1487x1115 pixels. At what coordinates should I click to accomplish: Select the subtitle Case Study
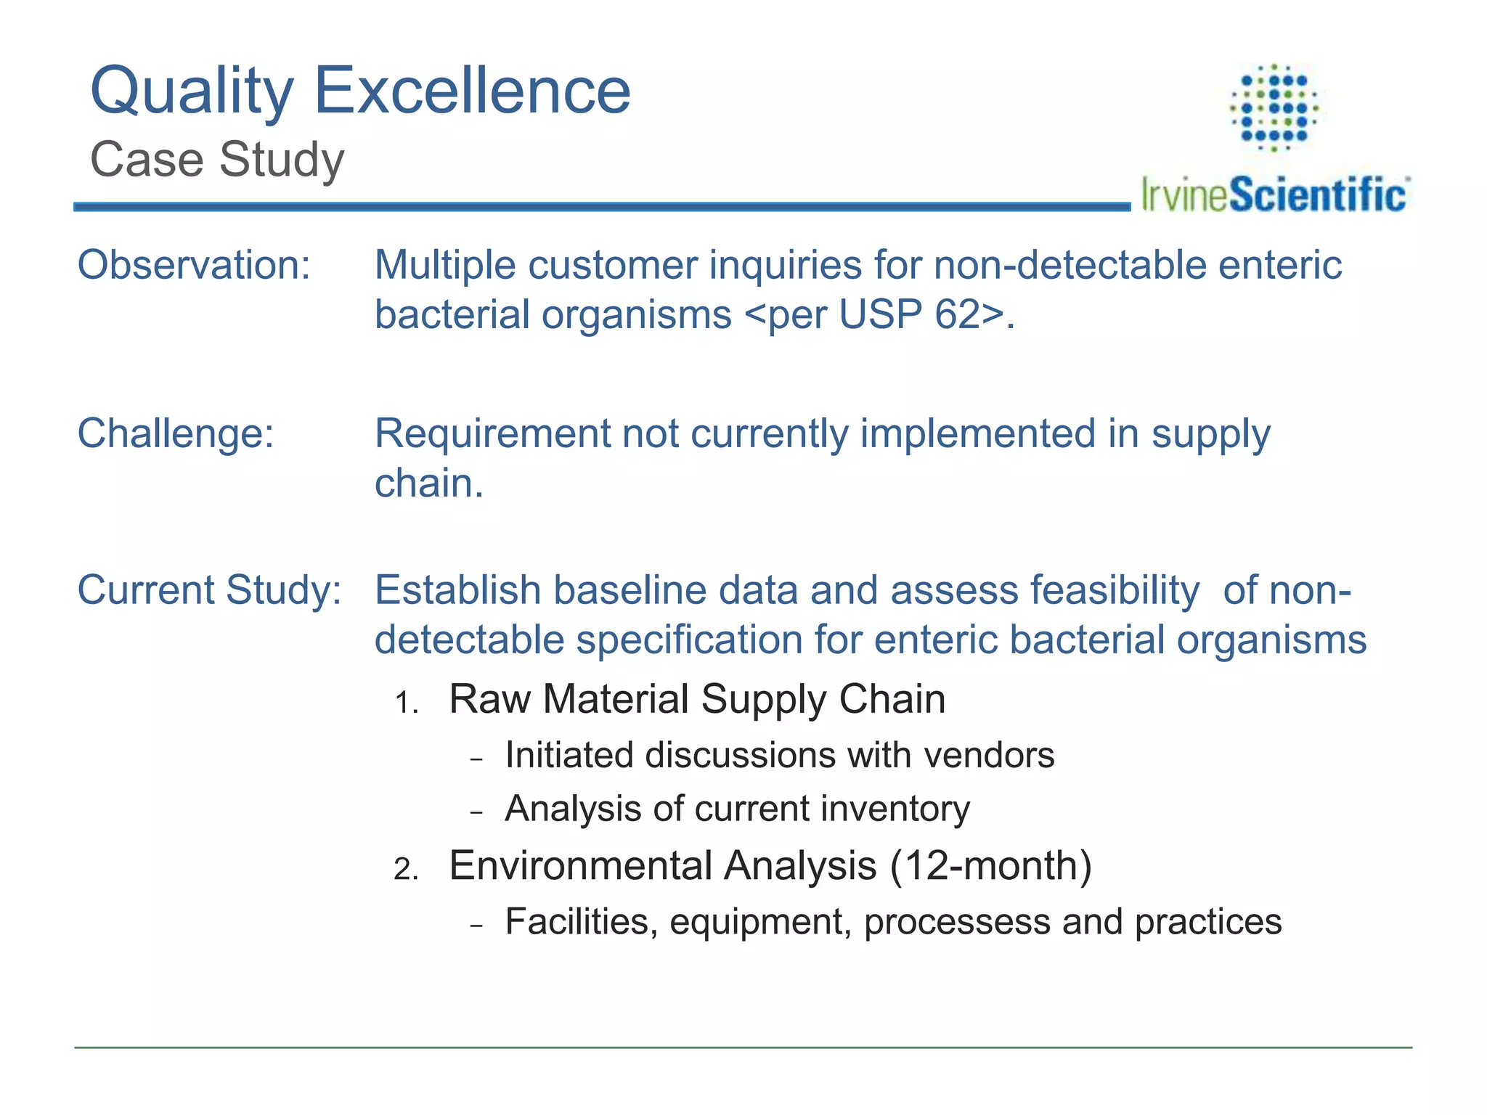point(217,160)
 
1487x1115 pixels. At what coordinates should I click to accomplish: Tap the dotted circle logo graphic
point(1274,107)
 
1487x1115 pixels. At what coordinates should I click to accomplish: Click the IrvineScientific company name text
point(1274,195)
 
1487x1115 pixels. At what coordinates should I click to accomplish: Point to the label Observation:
point(194,265)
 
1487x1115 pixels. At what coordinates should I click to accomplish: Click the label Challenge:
point(176,434)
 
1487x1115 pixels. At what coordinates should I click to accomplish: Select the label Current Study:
point(209,589)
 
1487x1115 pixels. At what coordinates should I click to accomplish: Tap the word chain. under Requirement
point(428,483)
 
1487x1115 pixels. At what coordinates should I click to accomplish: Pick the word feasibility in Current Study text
point(1114,589)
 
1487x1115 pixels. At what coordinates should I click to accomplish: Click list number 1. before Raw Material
point(407,703)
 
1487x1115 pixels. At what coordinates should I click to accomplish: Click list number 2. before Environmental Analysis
point(407,869)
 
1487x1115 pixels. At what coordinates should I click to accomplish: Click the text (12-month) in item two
point(990,866)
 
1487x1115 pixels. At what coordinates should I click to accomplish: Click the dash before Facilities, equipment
point(476,926)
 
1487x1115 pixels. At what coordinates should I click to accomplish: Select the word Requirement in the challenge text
point(492,434)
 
